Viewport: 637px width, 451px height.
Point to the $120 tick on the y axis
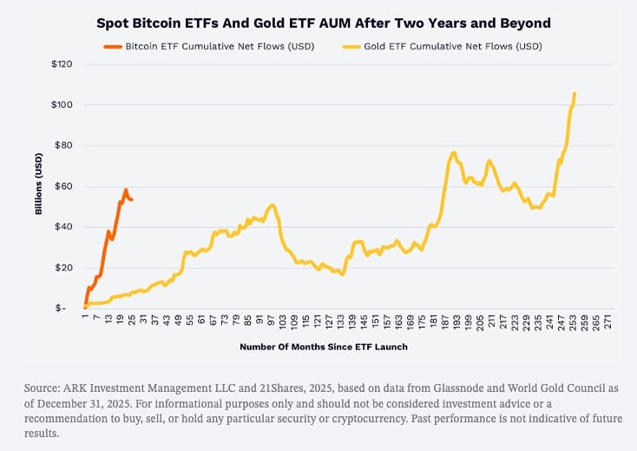(62, 64)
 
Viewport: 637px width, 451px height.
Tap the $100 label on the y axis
(62, 105)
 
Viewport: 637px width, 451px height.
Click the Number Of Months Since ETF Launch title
(323, 347)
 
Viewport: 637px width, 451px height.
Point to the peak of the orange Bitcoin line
(125, 189)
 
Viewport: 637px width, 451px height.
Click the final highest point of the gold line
(575, 94)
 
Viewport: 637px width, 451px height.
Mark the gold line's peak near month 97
(273, 205)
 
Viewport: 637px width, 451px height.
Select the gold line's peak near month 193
(454, 153)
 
